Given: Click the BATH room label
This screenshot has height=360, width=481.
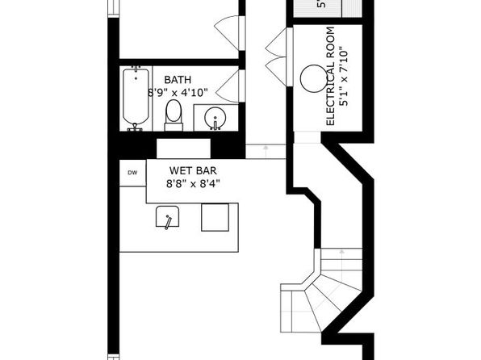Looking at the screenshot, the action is tap(178, 80).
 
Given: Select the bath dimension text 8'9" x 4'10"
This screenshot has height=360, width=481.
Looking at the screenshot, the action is tap(178, 92).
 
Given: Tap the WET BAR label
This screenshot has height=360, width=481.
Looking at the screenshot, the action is tap(193, 170).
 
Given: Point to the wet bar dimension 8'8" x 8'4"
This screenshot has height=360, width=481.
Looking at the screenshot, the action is tap(193, 184).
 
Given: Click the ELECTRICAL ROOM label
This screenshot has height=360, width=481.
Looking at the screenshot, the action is tap(330, 76).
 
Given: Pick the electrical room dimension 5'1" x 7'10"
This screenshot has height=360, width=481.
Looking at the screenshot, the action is tap(344, 77).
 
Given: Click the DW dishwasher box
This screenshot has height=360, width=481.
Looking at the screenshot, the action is tap(132, 173).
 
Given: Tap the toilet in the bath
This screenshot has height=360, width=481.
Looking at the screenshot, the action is tap(174, 115).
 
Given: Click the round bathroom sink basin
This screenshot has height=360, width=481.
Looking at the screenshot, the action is tap(215, 118).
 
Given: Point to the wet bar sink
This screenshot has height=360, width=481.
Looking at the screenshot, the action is tap(168, 216).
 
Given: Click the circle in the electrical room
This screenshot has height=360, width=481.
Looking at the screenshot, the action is tap(314, 78).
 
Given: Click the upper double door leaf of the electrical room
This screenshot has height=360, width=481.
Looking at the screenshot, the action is tap(276, 42).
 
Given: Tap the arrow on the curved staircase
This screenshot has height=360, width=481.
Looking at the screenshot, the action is tap(341, 253).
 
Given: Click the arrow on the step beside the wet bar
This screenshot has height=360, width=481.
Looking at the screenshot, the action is tap(266, 149).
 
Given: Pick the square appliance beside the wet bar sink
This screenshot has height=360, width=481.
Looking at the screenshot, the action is tap(215, 217).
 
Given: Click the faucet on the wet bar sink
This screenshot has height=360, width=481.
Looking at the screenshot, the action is tap(168, 223).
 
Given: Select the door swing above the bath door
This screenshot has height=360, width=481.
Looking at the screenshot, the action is tap(226, 32).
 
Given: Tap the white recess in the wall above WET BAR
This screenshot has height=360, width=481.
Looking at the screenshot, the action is tap(183, 149).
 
